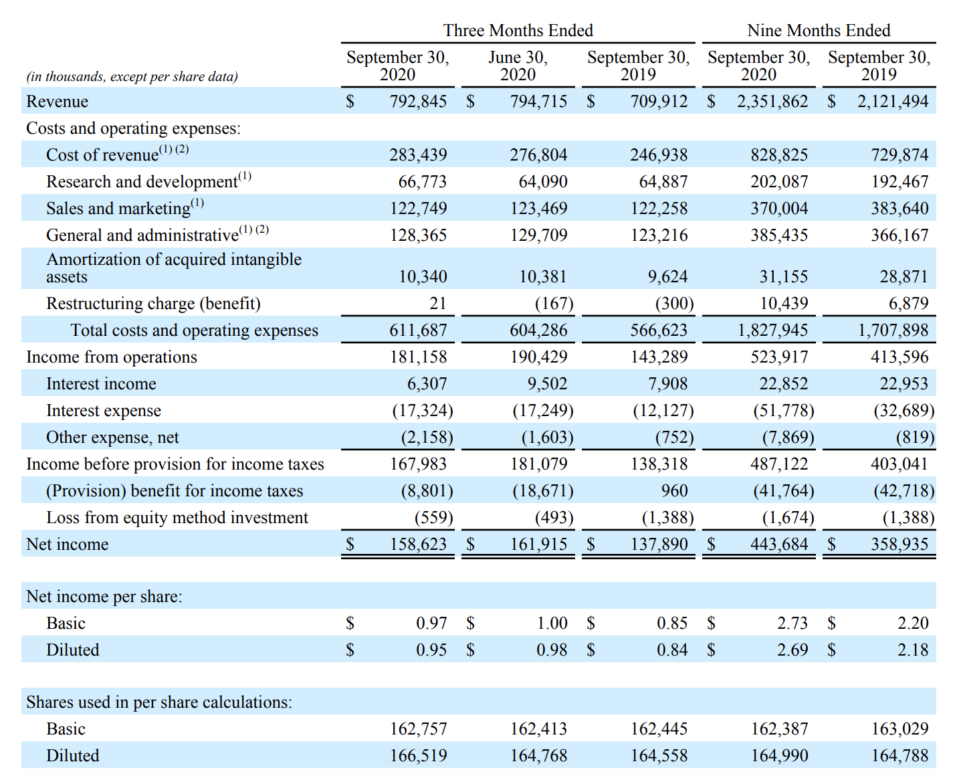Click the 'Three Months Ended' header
click(x=518, y=30)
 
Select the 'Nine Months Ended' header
click(x=819, y=30)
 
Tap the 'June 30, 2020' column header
click(x=518, y=66)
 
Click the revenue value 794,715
click(x=538, y=101)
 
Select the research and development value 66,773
click(x=422, y=181)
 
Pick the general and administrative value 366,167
click(x=899, y=235)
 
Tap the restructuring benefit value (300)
click(x=675, y=304)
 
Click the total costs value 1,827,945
click(x=772, y=330)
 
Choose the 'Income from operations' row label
click(x=112, y=357)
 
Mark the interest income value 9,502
click(x=547, y=384)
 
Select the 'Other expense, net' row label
click(x=112, y=437)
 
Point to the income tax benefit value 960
click(x=674, y=490)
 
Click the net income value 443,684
click(x=779, y=544)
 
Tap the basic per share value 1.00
click(x=552, y=623)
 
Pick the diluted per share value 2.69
click(x=792, y=650)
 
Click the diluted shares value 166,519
click(x=418, y=756)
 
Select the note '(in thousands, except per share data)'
click(x=132, y=76)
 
